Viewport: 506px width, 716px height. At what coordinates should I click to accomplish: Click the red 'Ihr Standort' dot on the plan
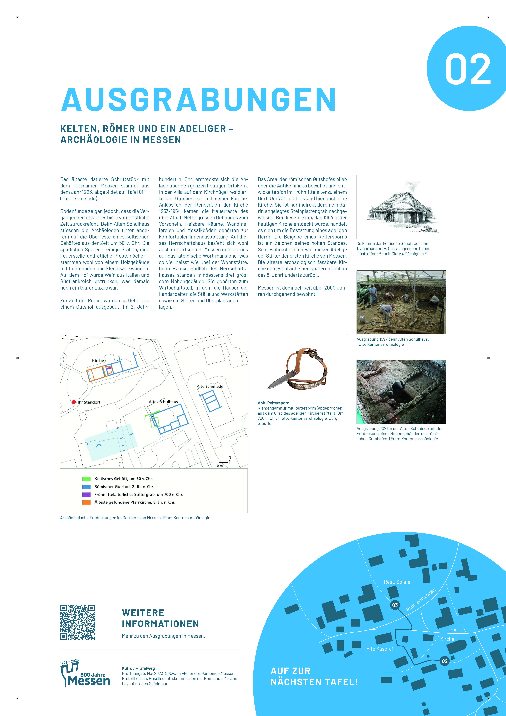pyautogui.click(x=74, y=402)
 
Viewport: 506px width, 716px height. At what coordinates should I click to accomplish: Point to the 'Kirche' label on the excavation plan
pyautogui.click(x=98, y=360)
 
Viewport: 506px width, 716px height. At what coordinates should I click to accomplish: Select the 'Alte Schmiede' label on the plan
pyautogui.click(x=210, y=386)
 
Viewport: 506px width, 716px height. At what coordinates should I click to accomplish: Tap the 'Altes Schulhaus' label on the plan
pyautogui.click(x=163, y=402)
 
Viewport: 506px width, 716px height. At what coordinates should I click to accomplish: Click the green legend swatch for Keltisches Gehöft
pyautogui.click(x=86, y=479)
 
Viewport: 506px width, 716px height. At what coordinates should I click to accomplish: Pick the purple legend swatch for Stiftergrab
pyautogui.click(x=86, y=495)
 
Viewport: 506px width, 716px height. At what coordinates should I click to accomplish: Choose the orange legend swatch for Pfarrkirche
pyautogui.click(x=86, y=502)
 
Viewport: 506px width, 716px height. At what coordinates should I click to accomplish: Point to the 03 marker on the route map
pyautogui.click(x=395, y=605)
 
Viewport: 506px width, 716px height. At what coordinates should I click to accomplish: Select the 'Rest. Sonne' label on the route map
pyautogui.click(x=397, y=582)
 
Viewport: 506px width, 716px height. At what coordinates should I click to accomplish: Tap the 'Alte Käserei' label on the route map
pyautogui.click(x=379, y=649)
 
